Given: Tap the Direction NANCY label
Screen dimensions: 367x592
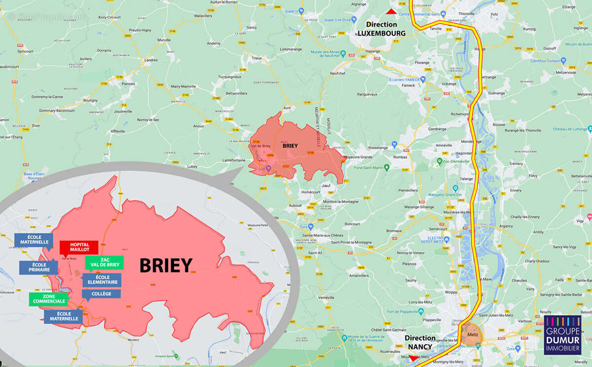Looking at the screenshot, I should point(420,342).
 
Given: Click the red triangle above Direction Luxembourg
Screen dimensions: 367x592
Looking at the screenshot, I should point(391,11).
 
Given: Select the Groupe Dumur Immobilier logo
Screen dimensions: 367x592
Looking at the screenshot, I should point(563,335).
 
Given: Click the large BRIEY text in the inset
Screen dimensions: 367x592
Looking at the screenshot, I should point(165,265).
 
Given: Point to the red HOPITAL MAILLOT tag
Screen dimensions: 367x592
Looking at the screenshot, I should point(79,247).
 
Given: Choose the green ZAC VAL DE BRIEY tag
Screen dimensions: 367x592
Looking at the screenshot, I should point(104,262).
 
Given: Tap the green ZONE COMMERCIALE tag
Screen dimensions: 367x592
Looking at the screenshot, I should point(48,298).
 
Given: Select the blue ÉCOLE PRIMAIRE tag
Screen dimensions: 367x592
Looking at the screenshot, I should point(38,267).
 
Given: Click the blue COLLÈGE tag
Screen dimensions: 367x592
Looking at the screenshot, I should point(101,294).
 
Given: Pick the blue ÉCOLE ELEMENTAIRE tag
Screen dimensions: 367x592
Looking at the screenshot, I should point(102,280).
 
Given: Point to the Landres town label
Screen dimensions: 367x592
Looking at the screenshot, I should point(151,60).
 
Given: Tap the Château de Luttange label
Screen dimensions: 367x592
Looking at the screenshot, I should point(569,129).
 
